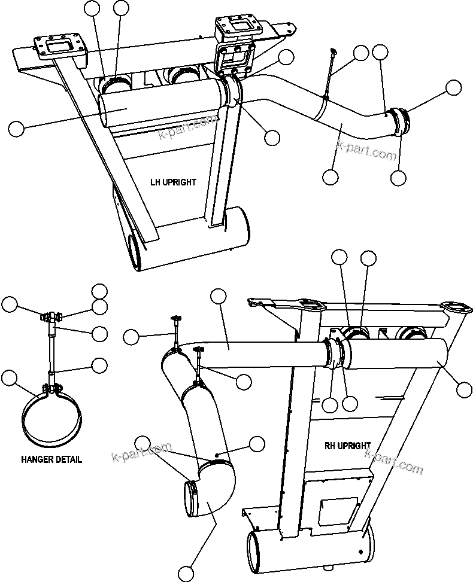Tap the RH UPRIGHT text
coord(347,446)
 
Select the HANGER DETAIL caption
coord(51,459)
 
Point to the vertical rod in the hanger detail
coord(51,353)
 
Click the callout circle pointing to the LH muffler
coord(16,127)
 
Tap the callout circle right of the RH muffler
coord(464,389)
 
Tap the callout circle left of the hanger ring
coord(9,377)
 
